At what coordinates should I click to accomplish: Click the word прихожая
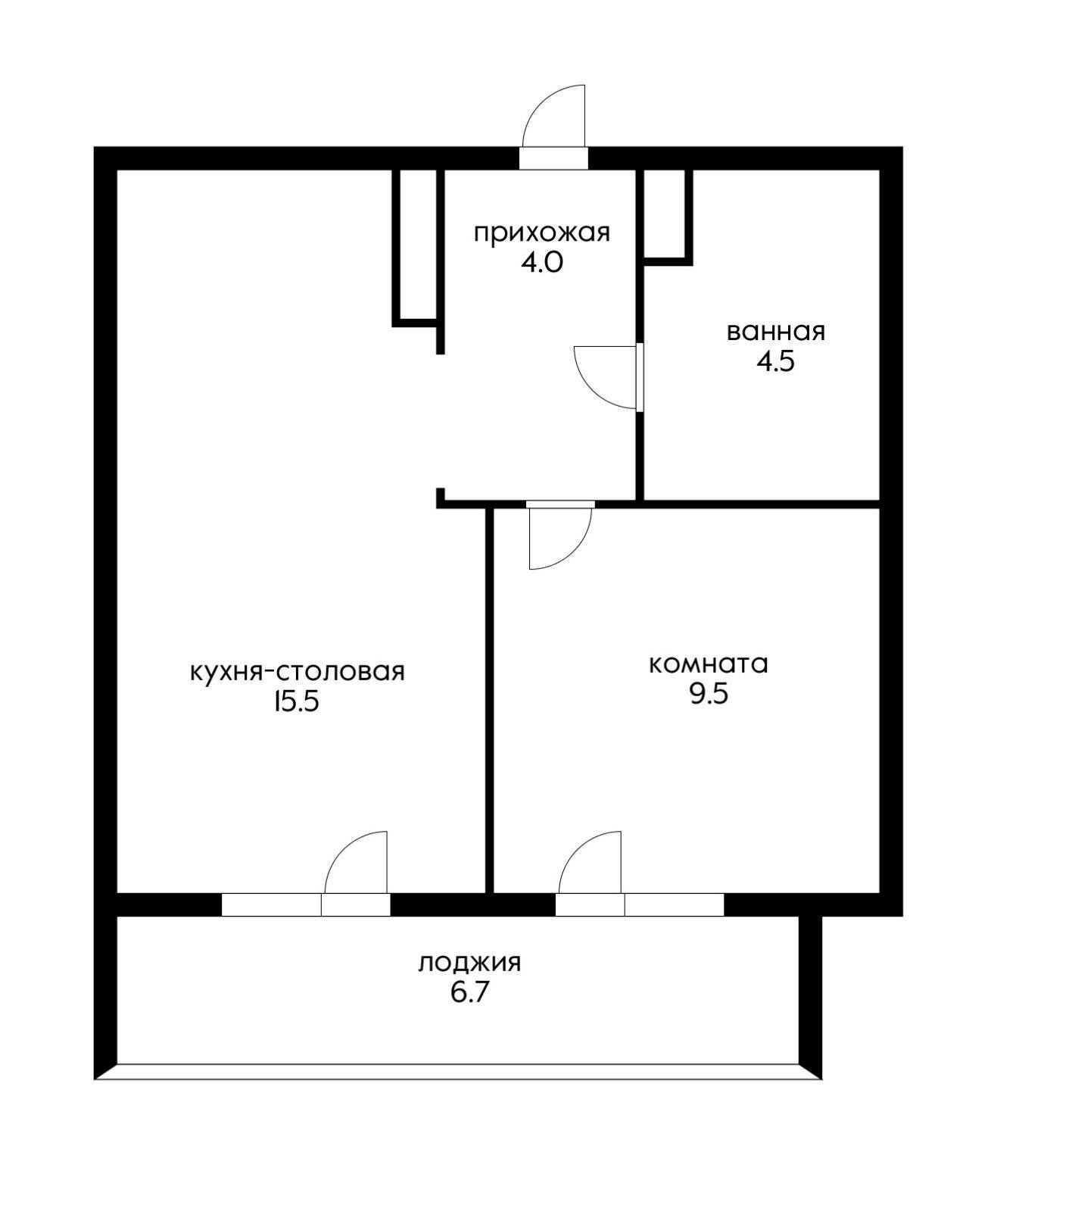tap(541, 233)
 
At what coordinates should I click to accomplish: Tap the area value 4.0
tap(541, 263)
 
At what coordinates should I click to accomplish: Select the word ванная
tap(775, 332)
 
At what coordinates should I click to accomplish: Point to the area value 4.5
tap(775, 362)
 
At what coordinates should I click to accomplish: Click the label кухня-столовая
tap(297, 672)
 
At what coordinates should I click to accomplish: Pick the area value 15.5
tap(297, 702)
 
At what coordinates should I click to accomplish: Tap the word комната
tap(708, 664)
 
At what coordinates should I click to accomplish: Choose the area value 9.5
tap(708, 694)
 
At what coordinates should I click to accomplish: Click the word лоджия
tap(469, 963)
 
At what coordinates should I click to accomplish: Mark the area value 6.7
tap(469, 992)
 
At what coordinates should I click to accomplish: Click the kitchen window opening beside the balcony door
tap(271, 905)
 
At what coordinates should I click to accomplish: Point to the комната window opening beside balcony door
tap(674, 905)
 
